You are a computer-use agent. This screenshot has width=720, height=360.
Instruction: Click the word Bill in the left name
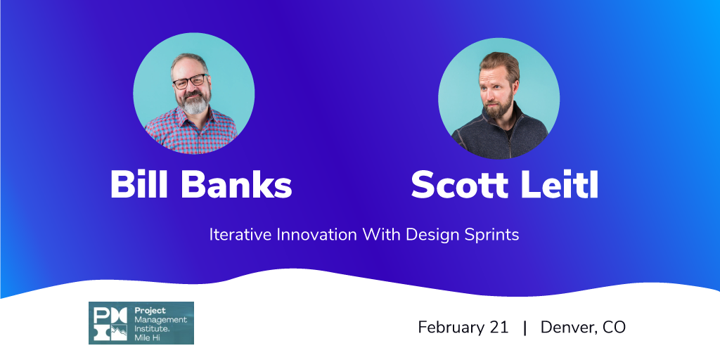click(x=140, y=184)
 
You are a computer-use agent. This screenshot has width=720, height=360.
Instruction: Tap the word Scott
click(x=465, y=184)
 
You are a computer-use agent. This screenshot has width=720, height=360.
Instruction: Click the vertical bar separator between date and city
click(x=525, y=328)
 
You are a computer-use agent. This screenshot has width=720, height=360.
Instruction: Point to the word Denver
click(x=567, y=328)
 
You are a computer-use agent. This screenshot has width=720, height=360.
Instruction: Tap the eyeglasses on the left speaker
click(x=190, y=82)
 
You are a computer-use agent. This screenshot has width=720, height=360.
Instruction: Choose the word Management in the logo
click(x=161, y=320)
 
